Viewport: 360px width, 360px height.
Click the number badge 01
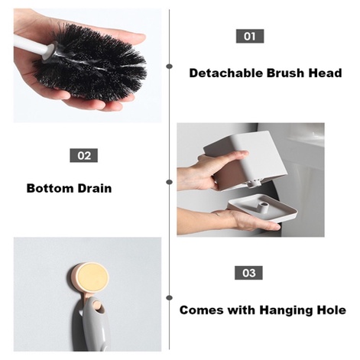(x=250, y=36)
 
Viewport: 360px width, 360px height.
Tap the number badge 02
(x=84, y=155)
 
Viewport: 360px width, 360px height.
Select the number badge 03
(x=248, y=273)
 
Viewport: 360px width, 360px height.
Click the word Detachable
(x=226, y=73)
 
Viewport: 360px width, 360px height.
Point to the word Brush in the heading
(x=286, y=73)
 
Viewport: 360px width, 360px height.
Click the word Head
(x=325, y=73)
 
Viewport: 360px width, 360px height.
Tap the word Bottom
(x=50, y=188)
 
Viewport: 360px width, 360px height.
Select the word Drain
(x=95, y=188)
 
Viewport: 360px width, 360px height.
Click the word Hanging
(x=287, y=310)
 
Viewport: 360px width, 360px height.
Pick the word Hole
(x=332, y=310)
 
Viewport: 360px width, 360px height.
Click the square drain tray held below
(x=262, y=209)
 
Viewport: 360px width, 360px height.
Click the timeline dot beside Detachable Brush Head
(x=169, y=66)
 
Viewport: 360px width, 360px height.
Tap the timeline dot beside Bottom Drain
(x=169, y=182)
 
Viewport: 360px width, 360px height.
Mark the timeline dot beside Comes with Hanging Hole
(x=169, y=298)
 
